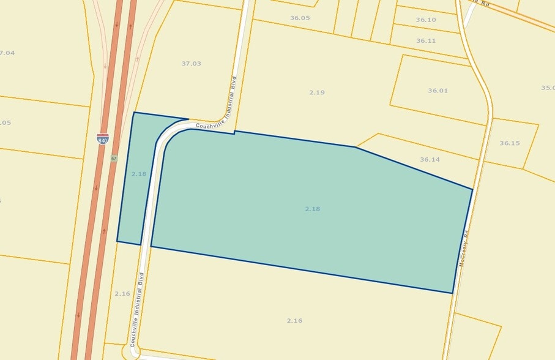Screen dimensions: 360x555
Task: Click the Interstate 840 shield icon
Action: point(103,139)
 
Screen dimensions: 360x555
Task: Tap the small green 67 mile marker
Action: point(114,159)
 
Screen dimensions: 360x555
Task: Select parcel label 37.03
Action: point(191,64)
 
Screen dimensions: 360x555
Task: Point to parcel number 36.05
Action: point(300,18)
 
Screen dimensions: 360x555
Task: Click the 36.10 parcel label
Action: point(426,20)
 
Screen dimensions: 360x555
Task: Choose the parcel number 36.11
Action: point(426,41)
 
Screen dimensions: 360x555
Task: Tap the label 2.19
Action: point(316,92)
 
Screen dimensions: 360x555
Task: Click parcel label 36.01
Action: point(438,91)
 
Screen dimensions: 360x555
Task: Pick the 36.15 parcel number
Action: point(509,143)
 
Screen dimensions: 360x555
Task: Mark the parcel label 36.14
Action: point(430,160)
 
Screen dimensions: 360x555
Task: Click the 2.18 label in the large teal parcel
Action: point(313,209)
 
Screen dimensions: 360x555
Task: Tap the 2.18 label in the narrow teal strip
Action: point(139,174)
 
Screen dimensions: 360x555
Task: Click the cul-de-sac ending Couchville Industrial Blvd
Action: point(132,351)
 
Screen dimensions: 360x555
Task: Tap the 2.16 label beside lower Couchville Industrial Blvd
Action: point(122,294)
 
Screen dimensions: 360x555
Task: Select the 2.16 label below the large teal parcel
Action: point(294,321)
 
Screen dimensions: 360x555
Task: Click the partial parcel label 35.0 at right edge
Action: point(548,88)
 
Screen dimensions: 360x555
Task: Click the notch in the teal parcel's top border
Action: point(234,132)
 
